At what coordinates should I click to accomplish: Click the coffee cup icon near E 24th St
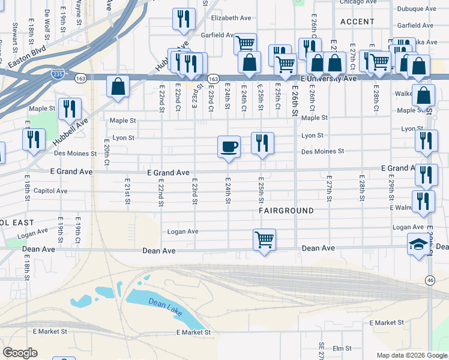(228, 146)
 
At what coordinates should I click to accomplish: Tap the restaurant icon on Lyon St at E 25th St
(262, 143)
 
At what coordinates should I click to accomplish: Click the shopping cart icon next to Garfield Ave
(245, 43)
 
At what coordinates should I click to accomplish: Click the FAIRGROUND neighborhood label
(286, 211)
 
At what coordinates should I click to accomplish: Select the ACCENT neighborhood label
(357, 21)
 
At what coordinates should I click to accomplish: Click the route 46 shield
(430, 280)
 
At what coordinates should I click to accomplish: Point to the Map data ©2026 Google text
(411, 355)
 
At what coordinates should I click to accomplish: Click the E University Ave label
(328, 79)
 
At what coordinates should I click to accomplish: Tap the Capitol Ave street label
(52, 191)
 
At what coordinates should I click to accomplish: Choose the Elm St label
(342, 348)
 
